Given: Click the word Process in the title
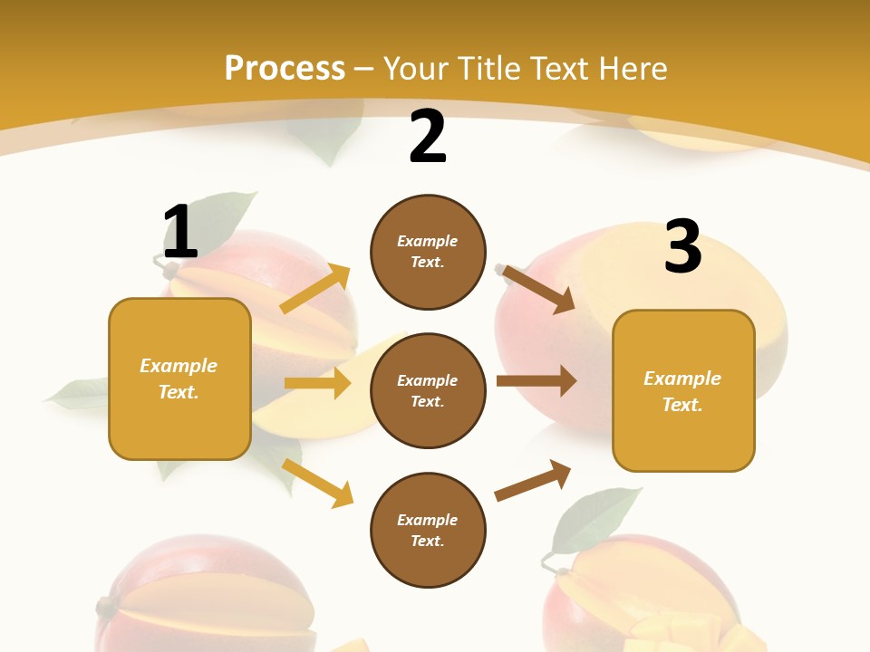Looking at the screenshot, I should (285, 69).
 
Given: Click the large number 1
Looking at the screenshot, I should (180, 233).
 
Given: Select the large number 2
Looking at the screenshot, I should (428, 137).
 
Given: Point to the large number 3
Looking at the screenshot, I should (682, 246).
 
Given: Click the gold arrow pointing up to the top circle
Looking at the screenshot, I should (315, 289).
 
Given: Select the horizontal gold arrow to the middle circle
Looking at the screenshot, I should (317, 383).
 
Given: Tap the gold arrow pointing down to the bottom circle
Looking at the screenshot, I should (317, 483).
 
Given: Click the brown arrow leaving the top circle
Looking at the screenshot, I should (538, 290).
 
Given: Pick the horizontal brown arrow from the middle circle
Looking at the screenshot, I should (536, 381).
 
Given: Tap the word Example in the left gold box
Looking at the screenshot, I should (179, 366).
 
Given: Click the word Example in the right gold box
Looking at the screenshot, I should (682, 379).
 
